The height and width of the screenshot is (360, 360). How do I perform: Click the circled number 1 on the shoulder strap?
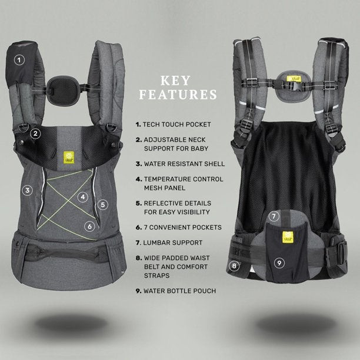(x=19, y=59)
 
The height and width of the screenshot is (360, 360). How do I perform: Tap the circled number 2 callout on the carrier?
(x=35, y=133)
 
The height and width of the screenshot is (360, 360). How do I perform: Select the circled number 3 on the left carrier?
(x=26, y=190)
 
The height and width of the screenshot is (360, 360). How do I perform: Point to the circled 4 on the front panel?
(x=84, y=197)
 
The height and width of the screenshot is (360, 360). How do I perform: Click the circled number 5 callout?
(x=103, y=205)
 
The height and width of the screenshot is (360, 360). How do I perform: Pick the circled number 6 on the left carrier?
(x=89, y=225)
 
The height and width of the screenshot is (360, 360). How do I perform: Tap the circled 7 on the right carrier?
(x=274, y=216)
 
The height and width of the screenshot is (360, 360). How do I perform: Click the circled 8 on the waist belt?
(x=235, y=265)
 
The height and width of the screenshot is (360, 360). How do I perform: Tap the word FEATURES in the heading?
(x=178, y=94)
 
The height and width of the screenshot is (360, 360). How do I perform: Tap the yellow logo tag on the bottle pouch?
(x=288, y=238)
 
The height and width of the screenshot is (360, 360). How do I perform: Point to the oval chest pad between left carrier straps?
(x=62, y=89)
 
